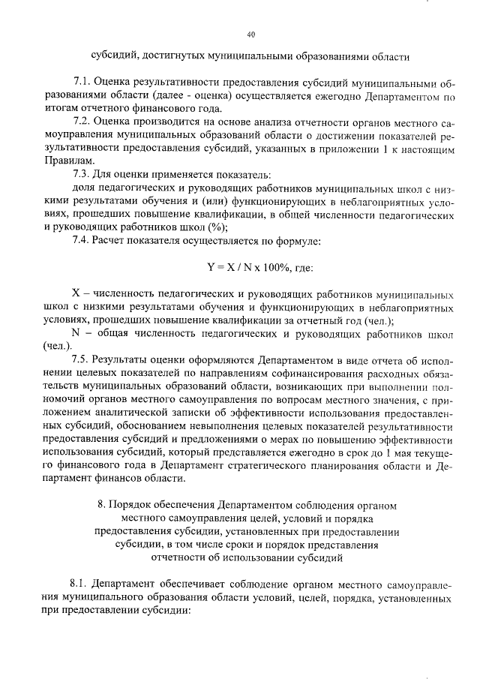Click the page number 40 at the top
point(250,34)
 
